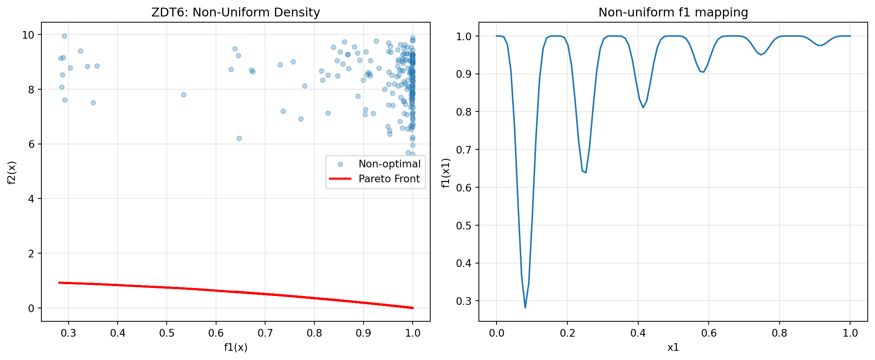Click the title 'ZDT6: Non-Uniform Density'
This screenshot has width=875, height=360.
(x=236, y=13)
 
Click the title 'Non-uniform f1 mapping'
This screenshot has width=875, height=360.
(x=673, y=13)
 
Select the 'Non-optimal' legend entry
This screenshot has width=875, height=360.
(x=389, y=164)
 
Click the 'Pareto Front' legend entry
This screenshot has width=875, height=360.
(x=389, y=179)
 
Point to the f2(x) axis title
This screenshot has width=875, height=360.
(x=12, y=172)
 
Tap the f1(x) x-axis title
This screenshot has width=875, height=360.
(x=236, y=347)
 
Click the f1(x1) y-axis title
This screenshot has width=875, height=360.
(x=445, y=173)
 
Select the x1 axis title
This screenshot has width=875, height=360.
(x=673, y=347)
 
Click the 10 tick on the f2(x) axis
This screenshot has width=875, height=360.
(x=28, y=35)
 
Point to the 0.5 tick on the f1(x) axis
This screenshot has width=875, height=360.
(x=167, y=333)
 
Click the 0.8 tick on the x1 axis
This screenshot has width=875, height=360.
(x=779, y=333)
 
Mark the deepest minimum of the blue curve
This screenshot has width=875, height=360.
(x=525, y=308)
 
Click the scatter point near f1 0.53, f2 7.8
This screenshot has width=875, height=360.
(x=184, y=95)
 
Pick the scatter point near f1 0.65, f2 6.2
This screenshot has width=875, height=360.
(x=239, y=138)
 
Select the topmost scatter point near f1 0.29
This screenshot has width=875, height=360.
(x=64, y=36)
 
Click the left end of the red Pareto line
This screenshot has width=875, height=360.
(x=59, y=283)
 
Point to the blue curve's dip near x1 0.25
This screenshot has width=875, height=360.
(x=585, y=172)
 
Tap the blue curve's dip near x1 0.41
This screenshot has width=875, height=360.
(x=643, y=107)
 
